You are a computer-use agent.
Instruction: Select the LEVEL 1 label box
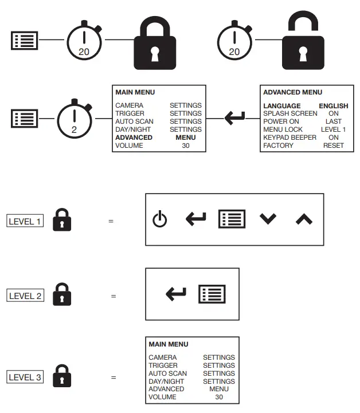pyautogui.click(x=25, y=221)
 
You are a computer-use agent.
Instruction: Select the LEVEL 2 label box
pyautogui.click(x=26, y=296)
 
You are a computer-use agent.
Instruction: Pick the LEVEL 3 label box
pyautogui.click(x=25, y=377)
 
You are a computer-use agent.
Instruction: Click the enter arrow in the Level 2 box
pyautogui.click(x=176, y=294)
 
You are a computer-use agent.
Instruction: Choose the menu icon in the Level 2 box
pyautogui.click(x=212, y=294)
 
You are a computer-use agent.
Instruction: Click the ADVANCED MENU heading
pyautogui.click(x=292, y=92)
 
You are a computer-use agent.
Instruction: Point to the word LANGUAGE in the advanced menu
pyautogui.click(x=281, y=106)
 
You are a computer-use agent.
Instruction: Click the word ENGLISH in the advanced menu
pyautogui.click(x=333, y=106)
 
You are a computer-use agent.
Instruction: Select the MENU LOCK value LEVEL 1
pyautogui.click(x=333, y=129)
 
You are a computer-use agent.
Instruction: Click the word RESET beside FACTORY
pyautogui.click(x=333, y=145)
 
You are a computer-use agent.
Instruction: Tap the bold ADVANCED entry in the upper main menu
pyautogui.click(x=134, y=137)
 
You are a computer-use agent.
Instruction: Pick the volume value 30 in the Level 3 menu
pyautogui.click(x=219, y=397)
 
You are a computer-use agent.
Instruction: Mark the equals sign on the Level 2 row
pyautogui.click(x=114, y=296)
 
